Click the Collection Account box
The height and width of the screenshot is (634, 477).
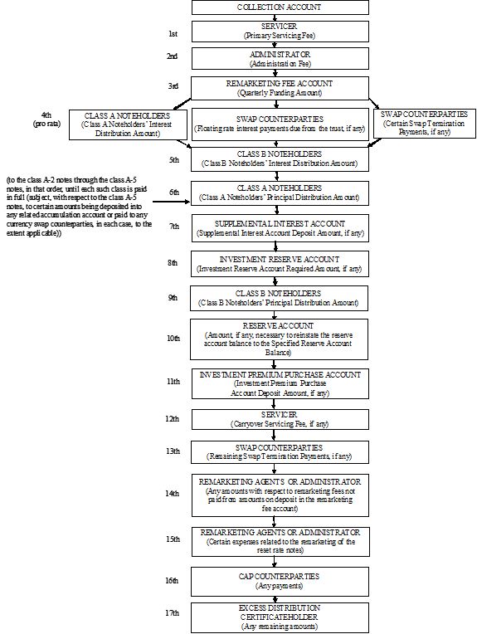280,7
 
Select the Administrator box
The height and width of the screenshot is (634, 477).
280,59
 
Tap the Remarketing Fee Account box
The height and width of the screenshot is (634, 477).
280,88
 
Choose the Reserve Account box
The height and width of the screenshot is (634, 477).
280,339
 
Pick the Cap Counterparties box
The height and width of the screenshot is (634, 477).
280,582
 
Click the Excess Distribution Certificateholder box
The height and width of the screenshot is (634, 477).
280,617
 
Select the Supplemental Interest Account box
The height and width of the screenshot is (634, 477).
280,228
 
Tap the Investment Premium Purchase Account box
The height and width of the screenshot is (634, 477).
280,383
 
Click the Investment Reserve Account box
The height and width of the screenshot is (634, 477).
280,264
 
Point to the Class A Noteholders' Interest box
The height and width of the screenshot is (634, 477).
128,124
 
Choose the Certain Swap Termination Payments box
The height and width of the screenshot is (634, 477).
424,124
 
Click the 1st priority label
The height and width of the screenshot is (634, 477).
173,34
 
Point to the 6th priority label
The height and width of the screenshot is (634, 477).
174,193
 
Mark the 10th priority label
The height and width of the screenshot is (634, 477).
173,339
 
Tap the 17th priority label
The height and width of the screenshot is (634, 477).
172,613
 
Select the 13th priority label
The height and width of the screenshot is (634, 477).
173,451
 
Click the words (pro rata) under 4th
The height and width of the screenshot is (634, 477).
46,124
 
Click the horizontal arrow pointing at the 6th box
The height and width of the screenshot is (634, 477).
172,201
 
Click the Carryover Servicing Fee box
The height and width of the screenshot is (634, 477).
280,419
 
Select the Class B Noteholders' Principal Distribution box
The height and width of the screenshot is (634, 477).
280,299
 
